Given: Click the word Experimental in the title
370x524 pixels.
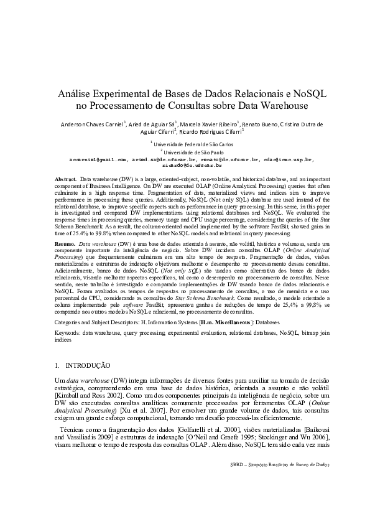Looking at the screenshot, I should pos(111,93).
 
